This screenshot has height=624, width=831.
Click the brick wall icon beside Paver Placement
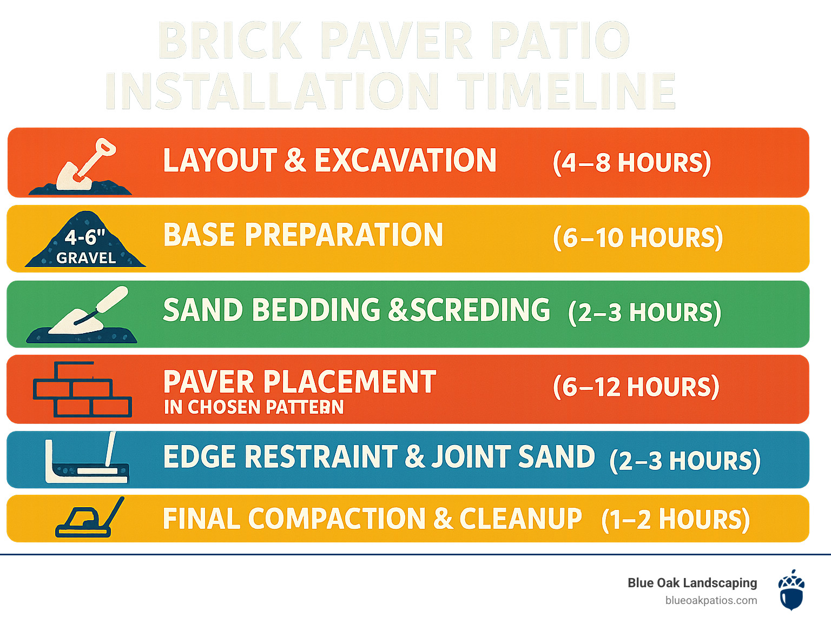(x=83, y=389)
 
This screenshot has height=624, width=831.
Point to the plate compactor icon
(x=89, y=517)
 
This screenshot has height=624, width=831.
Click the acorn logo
(x=792, y=589)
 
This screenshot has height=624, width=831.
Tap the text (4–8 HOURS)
(x=632, y=163)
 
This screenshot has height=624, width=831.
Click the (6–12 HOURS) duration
(x=636, y=387)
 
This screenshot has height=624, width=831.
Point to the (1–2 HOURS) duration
(x=675, y=520)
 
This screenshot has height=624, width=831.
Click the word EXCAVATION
(x=405, y=160)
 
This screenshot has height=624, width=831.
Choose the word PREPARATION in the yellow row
(x=344, y=235)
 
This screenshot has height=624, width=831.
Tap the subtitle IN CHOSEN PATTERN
(x=254, y=407)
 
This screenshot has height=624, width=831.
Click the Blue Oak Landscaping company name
(x=692, y=583)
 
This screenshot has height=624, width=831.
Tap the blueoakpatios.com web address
(x=711, y=601)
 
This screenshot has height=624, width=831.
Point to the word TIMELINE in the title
(x=567, y=91)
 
